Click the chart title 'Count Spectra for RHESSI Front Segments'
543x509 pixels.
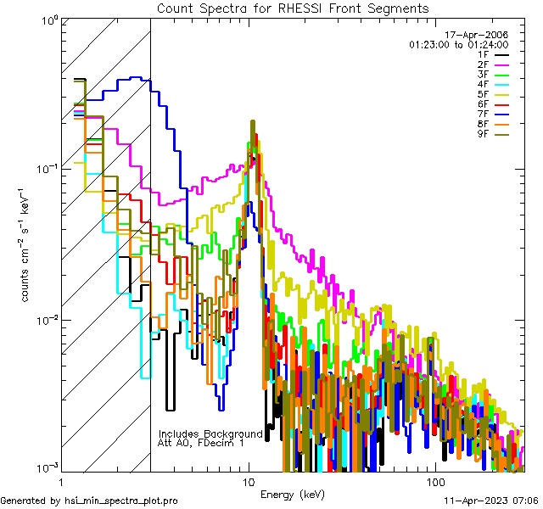click(293, 8)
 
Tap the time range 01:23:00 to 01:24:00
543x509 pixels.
click(458, 44)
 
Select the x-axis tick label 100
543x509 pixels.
click(435, 482)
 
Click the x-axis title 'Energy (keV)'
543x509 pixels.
click(293, 494)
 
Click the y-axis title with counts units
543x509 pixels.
click(26, 246)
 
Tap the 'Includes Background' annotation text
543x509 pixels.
click(210, 433)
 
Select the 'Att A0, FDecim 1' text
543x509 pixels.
click(201, 443)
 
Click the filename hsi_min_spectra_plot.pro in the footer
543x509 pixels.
click(121, 501)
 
